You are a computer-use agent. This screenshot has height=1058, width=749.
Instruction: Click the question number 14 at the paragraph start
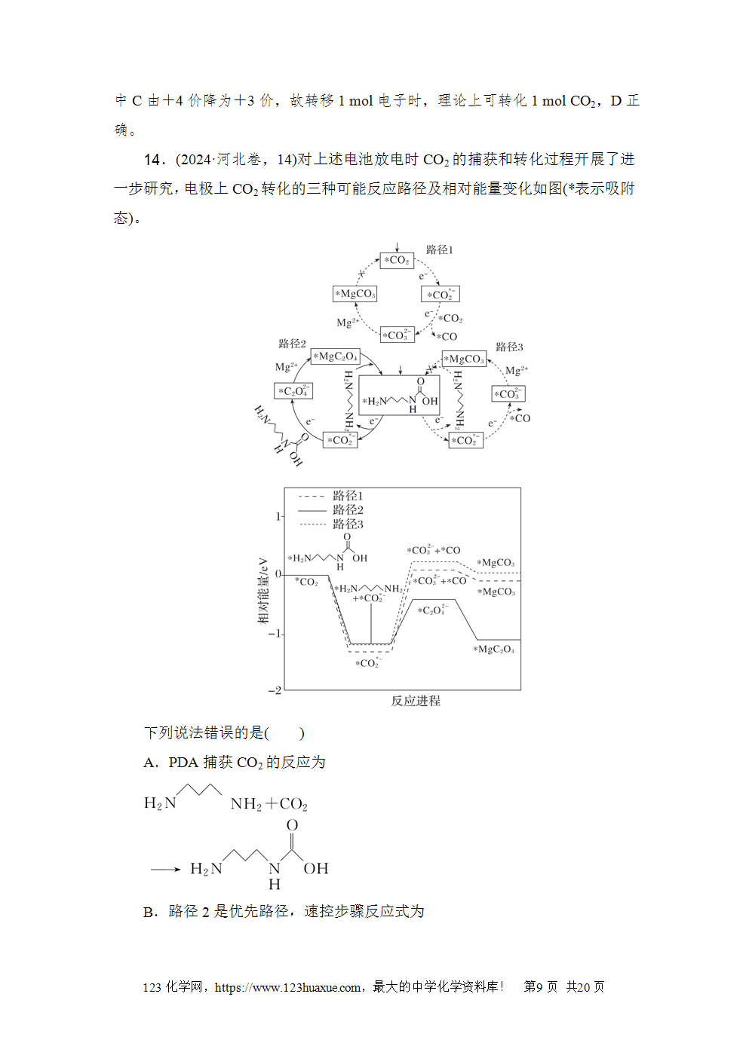point(152,160)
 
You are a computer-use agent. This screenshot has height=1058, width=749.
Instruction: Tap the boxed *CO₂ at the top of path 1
point(397,260)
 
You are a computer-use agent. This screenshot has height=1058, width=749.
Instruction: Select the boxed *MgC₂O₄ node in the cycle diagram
point(335,356)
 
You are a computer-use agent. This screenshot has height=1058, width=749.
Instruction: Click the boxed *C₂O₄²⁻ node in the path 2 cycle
point(293,391)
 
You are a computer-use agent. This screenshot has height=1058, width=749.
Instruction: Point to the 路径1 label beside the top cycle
point(439,250)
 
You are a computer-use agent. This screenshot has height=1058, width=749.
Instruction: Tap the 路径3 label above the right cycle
point(509,347)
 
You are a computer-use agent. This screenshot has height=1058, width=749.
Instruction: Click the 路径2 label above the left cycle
point(292,344)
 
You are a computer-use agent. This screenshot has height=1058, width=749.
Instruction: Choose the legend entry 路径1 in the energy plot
point(348,496)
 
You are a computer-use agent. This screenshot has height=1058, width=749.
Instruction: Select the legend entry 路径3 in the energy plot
point(348,524)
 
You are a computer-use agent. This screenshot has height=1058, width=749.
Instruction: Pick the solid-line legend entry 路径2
point(348,510)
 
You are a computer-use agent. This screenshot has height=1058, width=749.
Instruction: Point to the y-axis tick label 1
point(278,517)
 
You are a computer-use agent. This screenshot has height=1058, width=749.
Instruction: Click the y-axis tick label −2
point(275,690)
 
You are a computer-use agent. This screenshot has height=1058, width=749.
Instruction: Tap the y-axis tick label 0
point(278,574)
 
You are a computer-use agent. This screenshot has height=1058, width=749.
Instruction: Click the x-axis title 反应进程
point(416,701)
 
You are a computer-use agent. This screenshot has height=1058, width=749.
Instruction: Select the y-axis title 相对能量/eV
point(263,591)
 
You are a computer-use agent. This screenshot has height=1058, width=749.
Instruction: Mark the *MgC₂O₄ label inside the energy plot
point(493,650)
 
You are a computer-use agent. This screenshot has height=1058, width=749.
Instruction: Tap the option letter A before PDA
point(150,763)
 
